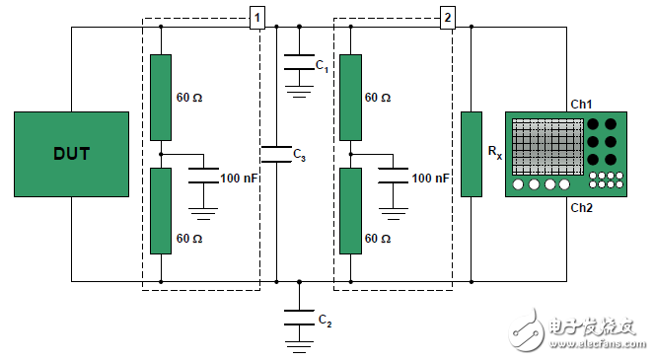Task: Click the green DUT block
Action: coord(71,154)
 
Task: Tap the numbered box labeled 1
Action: coord(256,18)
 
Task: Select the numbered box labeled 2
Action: coord(448,18)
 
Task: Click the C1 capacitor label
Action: coord(322,66)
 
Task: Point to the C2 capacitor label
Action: coord(325,321)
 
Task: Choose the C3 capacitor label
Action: coord(300,155)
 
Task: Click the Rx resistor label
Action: coord(495,152)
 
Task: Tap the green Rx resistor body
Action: coord(472,154)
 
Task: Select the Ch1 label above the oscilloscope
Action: coord(581,104)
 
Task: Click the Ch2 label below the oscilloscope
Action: coord(581,207)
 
